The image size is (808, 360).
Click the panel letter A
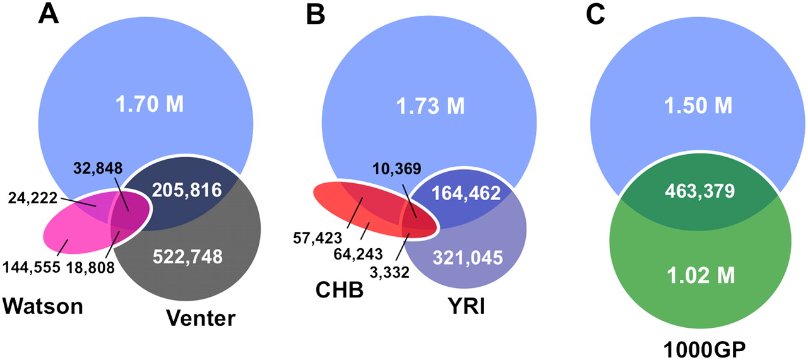coord(49,14)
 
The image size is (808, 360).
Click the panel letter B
coord(316,14)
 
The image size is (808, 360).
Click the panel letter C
coord(595,14)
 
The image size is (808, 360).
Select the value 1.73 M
coord(431,105)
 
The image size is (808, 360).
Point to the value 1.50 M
coord(698,105)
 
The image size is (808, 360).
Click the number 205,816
coord(186,189)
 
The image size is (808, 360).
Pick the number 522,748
coord(187,256)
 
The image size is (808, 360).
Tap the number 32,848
coord(98,168)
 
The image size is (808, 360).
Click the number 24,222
coord(32,198)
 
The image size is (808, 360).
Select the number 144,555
coord(32,267)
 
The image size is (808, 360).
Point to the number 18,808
coord(90,267)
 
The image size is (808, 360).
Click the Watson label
coord(43,306)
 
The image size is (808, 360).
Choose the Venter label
coord(201,318)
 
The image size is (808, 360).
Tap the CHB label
coord(340,290)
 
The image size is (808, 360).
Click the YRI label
coord(466,306)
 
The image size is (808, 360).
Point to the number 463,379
coord(700,191)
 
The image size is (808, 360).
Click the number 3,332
coord(389,272)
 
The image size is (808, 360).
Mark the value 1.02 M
coord(700,275)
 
